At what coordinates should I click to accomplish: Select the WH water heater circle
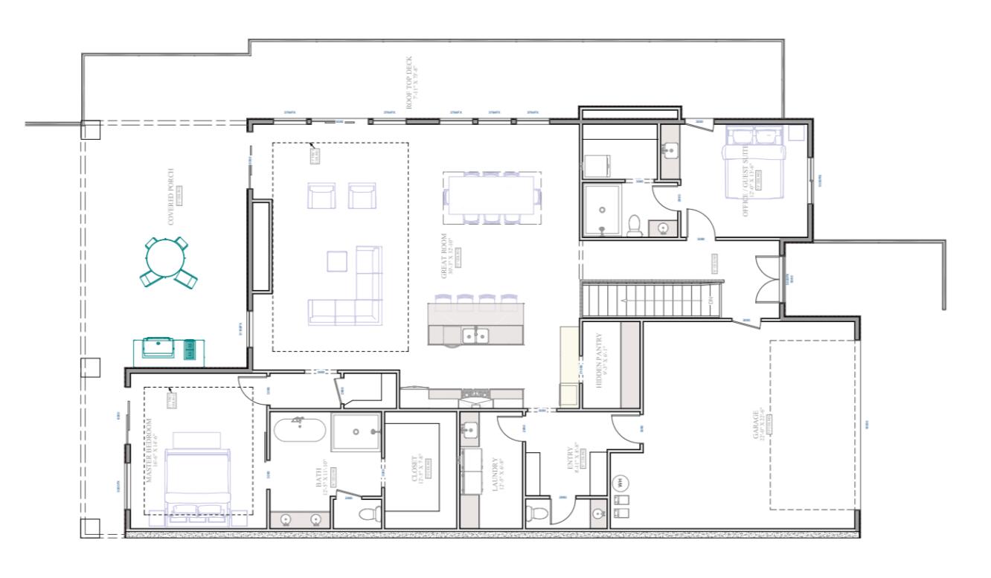[x=619, y=483]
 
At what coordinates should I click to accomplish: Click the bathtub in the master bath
[x=298, y=431]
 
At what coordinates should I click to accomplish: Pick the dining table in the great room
[x=492, y=197]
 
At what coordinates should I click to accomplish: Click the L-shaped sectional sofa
[x=350, y=294]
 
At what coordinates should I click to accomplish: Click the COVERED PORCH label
[x=172, y=196]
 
